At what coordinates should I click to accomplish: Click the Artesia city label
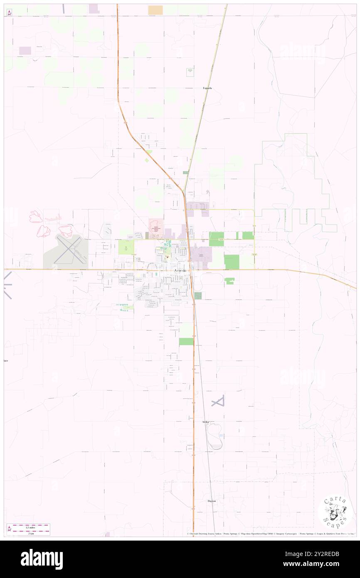[x=180, y=271]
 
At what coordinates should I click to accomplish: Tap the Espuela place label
[x=207, y=88]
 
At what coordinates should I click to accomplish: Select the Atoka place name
[x=205, y=422]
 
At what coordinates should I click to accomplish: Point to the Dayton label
[x=212, y=501]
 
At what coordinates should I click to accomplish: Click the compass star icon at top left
[x=9, y=12]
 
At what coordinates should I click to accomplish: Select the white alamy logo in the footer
[x=42, y=559]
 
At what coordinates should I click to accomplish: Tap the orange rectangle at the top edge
[x=155, y=10]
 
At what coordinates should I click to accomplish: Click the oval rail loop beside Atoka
[x=214, y=436]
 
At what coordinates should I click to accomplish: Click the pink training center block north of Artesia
[x=156, y=225]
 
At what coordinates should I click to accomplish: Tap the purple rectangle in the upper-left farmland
[x=25, y=50]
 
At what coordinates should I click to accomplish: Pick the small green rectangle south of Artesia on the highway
[x=186, y=341]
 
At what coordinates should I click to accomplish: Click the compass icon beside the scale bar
[x=9, y=529]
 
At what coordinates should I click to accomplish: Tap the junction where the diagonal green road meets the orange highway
[x=183, y=192]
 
